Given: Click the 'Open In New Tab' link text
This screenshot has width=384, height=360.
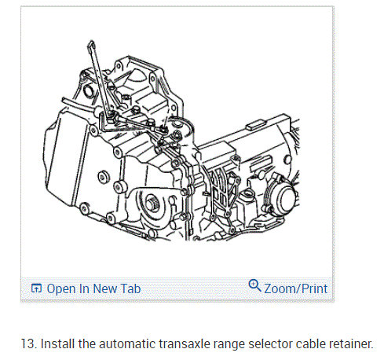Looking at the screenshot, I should point(93,288).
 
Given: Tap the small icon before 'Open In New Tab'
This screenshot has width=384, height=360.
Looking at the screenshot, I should point(36,288).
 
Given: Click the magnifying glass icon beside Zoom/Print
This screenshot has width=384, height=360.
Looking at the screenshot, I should point(254,286).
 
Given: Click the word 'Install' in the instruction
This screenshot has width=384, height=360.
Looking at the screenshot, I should point(55,343).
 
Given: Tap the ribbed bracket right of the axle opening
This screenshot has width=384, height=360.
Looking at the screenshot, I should point(221,189).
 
